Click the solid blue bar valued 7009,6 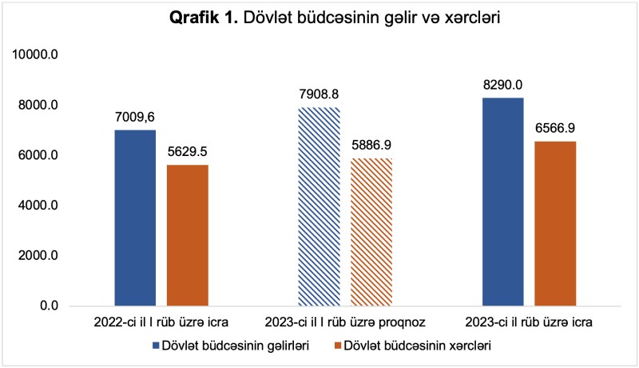coord(135,218)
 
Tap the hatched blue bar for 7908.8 coord(319,206)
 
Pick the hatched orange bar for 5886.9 coord(371,232)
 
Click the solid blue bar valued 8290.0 coord(503,202)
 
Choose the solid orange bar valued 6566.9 coord(555,223)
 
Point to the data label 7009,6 coord(135,117)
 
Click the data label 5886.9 coord(371,146)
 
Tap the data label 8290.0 coord(503,85)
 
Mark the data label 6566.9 coord(555,128)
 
